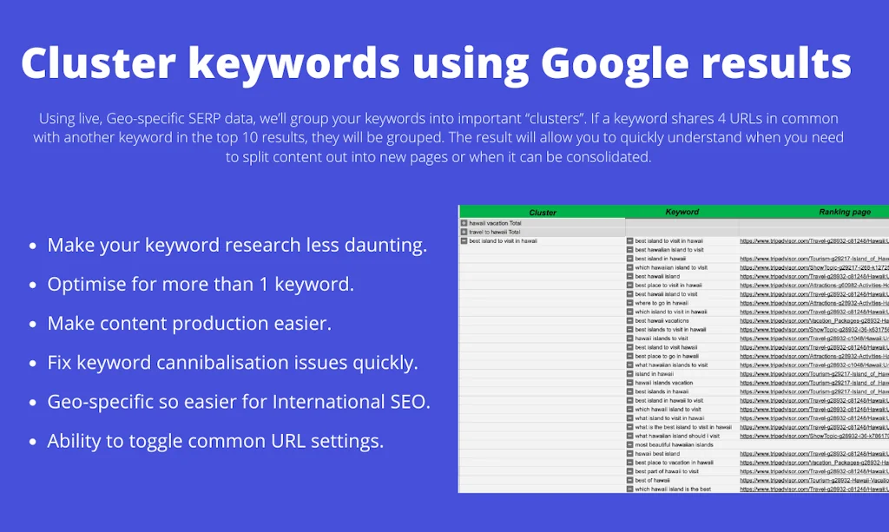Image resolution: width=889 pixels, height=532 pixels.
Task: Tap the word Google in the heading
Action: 613,63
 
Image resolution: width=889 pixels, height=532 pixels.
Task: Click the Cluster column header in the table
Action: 543,212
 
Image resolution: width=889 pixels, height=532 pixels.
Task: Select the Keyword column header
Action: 682,212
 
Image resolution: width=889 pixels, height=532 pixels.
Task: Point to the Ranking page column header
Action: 843,212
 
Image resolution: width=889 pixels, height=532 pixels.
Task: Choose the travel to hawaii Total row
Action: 495,232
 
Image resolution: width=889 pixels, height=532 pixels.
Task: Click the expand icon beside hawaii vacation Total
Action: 464,223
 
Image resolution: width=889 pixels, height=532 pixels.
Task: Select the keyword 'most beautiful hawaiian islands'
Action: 674,444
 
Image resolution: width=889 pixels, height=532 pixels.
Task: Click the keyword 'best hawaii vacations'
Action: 662,320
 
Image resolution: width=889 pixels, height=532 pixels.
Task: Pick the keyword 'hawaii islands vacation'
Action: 663,383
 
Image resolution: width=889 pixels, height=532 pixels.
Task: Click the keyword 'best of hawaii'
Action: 652,480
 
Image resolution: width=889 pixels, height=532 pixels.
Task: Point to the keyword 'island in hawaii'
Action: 654,374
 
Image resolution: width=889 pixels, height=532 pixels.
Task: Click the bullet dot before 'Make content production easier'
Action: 32,325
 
